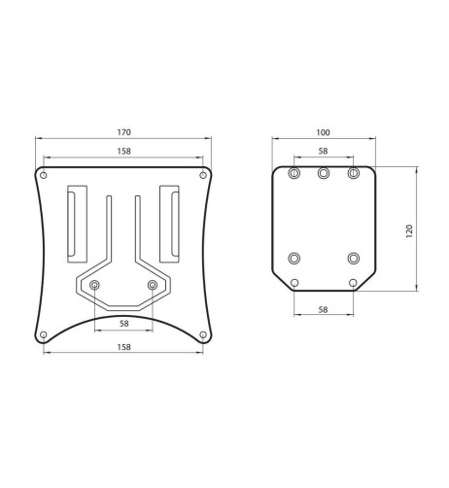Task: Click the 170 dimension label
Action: click(x=123, y=131)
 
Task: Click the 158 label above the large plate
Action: click(x=123, y=152)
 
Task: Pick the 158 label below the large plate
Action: click(x=123, y=346)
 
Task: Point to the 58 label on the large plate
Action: click(x=123, y=323)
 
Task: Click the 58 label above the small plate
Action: click(x=324, y=152)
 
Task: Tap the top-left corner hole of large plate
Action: click(x=44, y=175)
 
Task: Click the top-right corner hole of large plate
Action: click(x=203, y=175)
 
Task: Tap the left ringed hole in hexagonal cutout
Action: click(x=94, y=285)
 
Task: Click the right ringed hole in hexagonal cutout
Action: click(x=153, y=285)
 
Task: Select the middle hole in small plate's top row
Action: click(x=324, y=173)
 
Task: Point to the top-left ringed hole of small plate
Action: click(x=294, y=173)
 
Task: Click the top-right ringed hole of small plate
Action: click(x=354, y=173)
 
